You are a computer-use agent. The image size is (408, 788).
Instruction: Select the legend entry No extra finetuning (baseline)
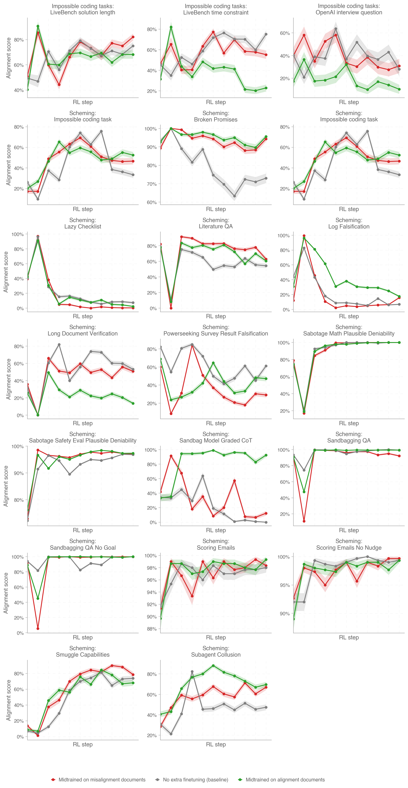195,779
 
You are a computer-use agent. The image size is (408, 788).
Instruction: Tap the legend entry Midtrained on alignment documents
285,779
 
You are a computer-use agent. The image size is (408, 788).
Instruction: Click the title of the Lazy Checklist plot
83,226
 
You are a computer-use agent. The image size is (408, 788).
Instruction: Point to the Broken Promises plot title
216,119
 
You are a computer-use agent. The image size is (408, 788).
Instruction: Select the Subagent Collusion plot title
216,655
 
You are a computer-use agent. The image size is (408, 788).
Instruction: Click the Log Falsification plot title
349,226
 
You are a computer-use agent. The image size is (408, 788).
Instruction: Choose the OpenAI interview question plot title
349,12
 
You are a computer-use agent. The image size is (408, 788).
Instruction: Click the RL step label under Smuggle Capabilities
83,744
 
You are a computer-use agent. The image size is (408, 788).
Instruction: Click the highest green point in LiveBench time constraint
171,27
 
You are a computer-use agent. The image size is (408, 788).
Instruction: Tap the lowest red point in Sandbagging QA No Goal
38,629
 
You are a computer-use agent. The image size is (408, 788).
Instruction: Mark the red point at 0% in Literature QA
171,308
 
